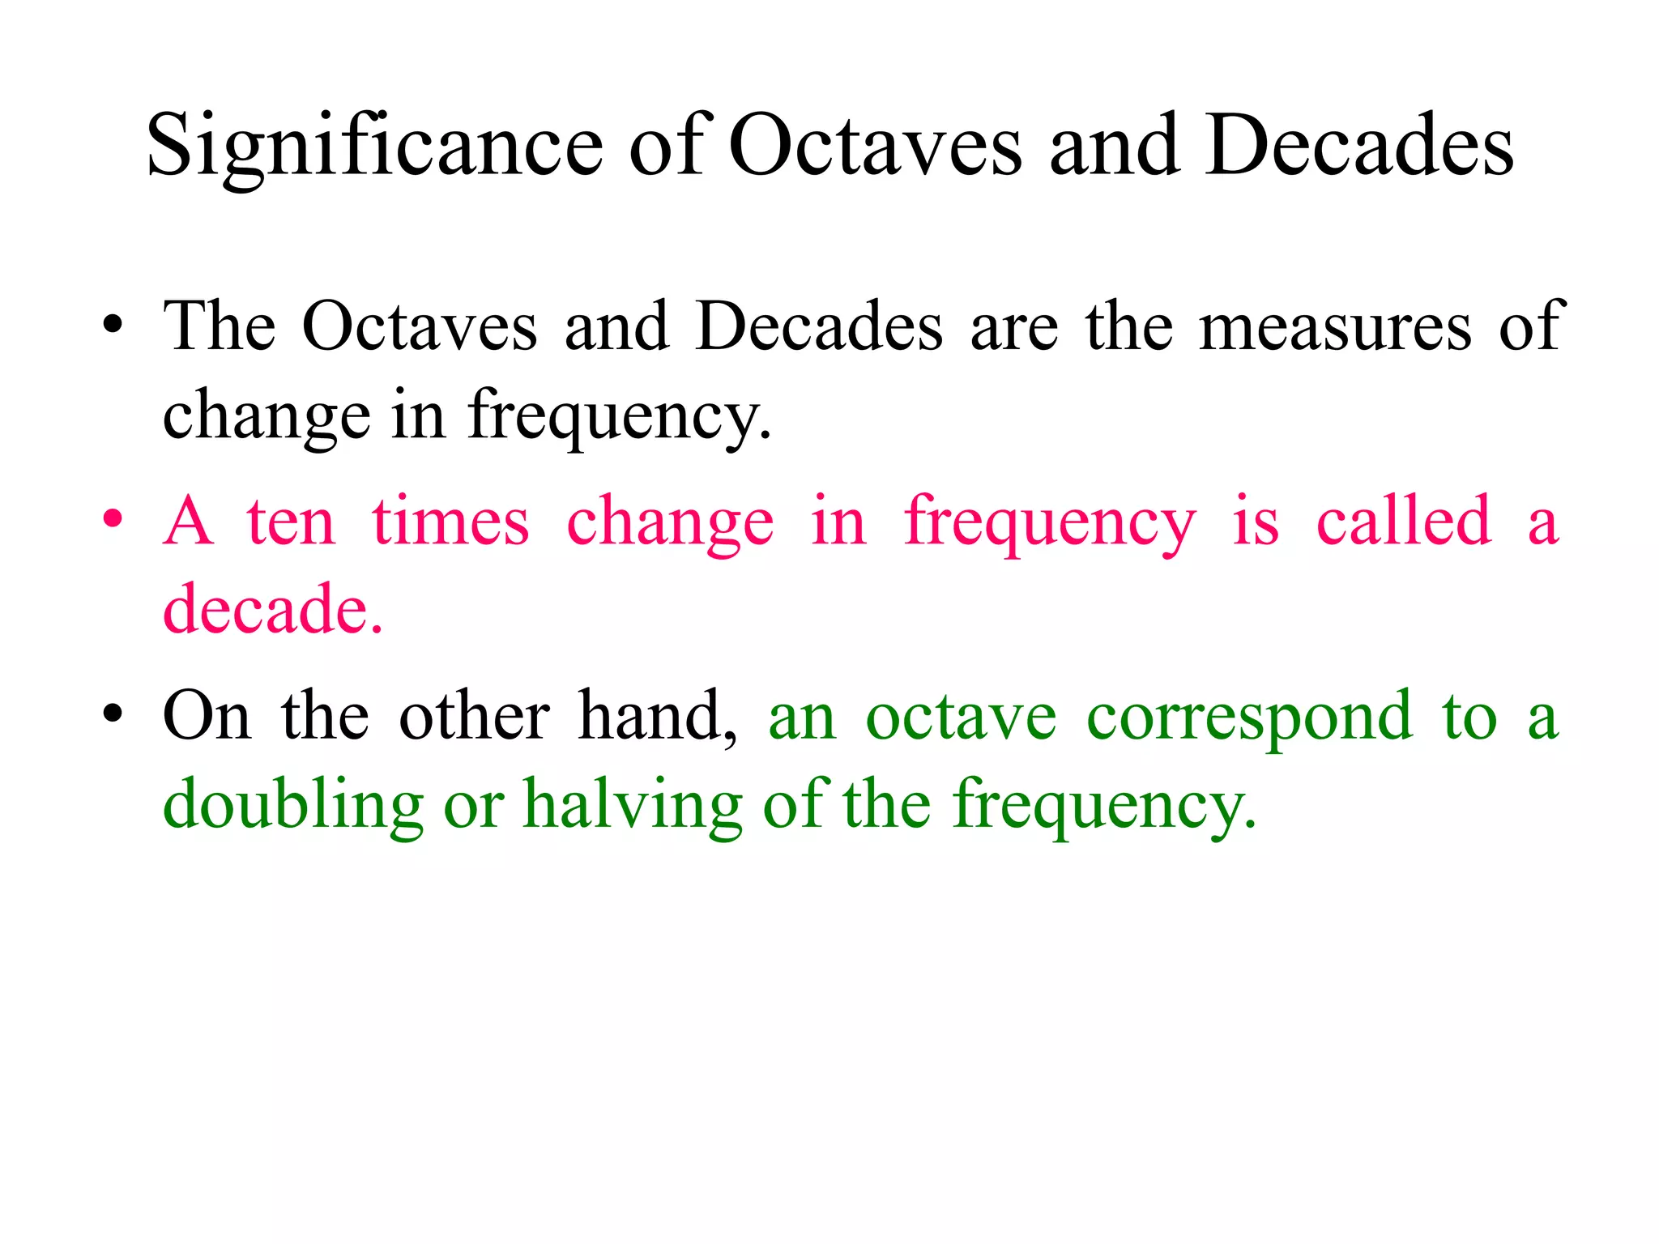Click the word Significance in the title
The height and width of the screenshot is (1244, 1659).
click(374, 147)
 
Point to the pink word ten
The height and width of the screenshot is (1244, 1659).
click(291, 522)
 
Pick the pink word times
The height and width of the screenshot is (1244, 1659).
click(450, 522)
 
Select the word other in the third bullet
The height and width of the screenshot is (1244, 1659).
click(474, 716)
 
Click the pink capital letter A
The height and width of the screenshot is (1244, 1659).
click(188, 522)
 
